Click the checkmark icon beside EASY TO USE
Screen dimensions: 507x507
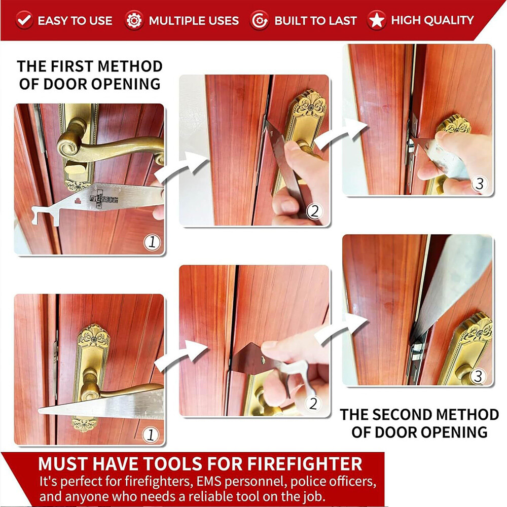click(24, 20)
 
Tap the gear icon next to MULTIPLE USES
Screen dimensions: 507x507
click(134, 20)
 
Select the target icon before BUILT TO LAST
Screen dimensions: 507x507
click(259, 20)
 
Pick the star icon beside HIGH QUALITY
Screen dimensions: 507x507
click(377, 20)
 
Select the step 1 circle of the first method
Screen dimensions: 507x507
click(152, 242)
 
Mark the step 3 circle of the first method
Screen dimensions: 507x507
click(479, 184)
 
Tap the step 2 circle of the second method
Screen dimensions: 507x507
click(314, 404)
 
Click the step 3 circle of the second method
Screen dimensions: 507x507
click(479, 376)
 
